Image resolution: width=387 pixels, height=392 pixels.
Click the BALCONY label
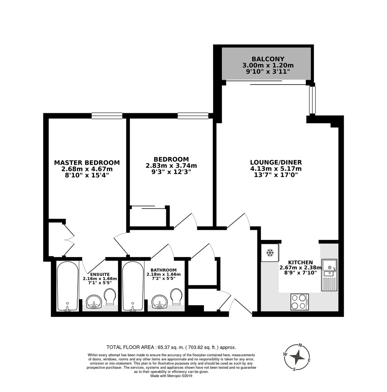pos(268,59)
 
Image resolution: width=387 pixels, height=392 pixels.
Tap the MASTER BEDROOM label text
pos(87,163)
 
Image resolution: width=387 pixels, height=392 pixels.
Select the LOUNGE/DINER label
pos(276,162)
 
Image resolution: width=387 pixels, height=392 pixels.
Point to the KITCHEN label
pos(301,262)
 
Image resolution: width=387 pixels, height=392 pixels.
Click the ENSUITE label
pos(100,274)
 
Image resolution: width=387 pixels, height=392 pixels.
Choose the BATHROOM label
pos(163,270)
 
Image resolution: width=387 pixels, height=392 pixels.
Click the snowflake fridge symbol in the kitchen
pos(270,253)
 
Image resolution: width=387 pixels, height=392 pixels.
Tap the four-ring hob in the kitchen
pos(300,302)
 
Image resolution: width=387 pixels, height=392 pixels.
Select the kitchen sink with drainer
pos(329,275)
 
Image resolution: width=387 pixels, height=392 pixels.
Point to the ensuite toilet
pos(110,297)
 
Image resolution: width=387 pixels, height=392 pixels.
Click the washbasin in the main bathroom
pos(159,302)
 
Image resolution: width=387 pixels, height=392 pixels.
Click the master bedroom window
pos(107,115)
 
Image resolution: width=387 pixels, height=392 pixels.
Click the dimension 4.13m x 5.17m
pos(276,169)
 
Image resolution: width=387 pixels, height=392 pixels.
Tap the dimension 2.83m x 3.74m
pos(171,166)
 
